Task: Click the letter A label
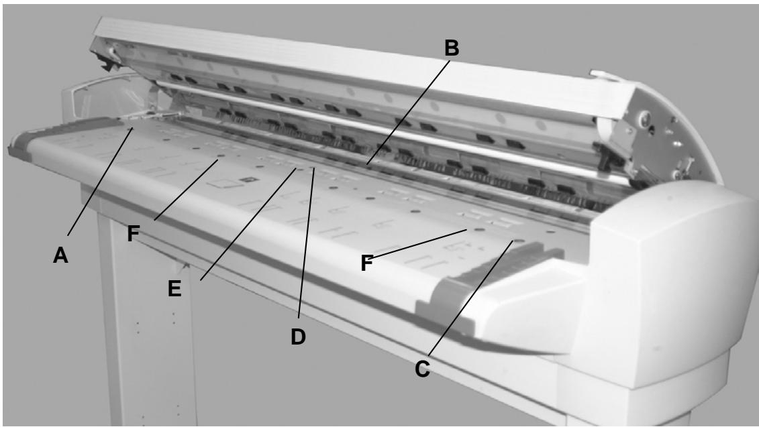coord(61,255)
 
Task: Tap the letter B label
coord(452,48)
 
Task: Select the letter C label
coord(421,367)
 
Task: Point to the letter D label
coord(298,337)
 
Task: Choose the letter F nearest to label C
coord(366,263)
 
